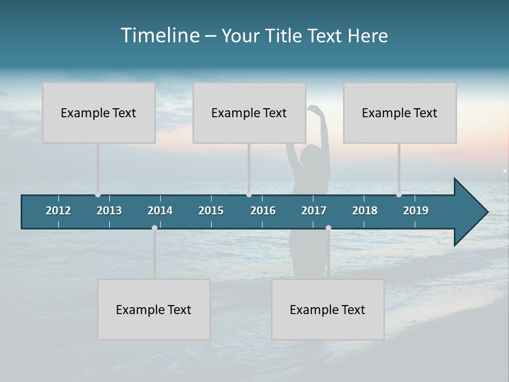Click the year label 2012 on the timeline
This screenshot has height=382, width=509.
pyautogui.click(x=58, y=211)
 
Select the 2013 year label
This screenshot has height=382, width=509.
pyautogui.click(x=109, y=211)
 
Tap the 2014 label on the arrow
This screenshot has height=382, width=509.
pyautogui.click(x=160, y=211)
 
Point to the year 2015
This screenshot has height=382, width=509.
pyautogui.click(x=211, y=211)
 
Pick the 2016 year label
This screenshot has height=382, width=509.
pyautogui.click(x=263, y=211)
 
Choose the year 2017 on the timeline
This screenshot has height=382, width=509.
pyautogui.click(x=314, y=211)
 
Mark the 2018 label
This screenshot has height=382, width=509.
pyautogui.click(x=365, y=211)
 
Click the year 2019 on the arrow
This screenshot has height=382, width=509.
pyautogui.click(x=416, y=211)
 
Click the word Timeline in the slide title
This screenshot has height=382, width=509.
pyautogui.click(x=160, y=36)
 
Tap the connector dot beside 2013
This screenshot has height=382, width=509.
pyautogui.click(x=98, y=195)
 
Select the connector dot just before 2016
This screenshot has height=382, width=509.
pyautogui.click(x=249, y=195)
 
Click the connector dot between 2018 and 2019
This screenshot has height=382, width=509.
pyautogui.click(x=399, y=195)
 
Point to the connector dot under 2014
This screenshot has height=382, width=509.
pyautogui.click(x=154, y=228)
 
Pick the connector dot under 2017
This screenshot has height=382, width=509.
pyautogui.click(x=328, y=228)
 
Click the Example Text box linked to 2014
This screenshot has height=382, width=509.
pyautogui.click(x=154, y=309)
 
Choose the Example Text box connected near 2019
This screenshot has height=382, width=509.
pyautogui.click(x=400, y=112)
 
